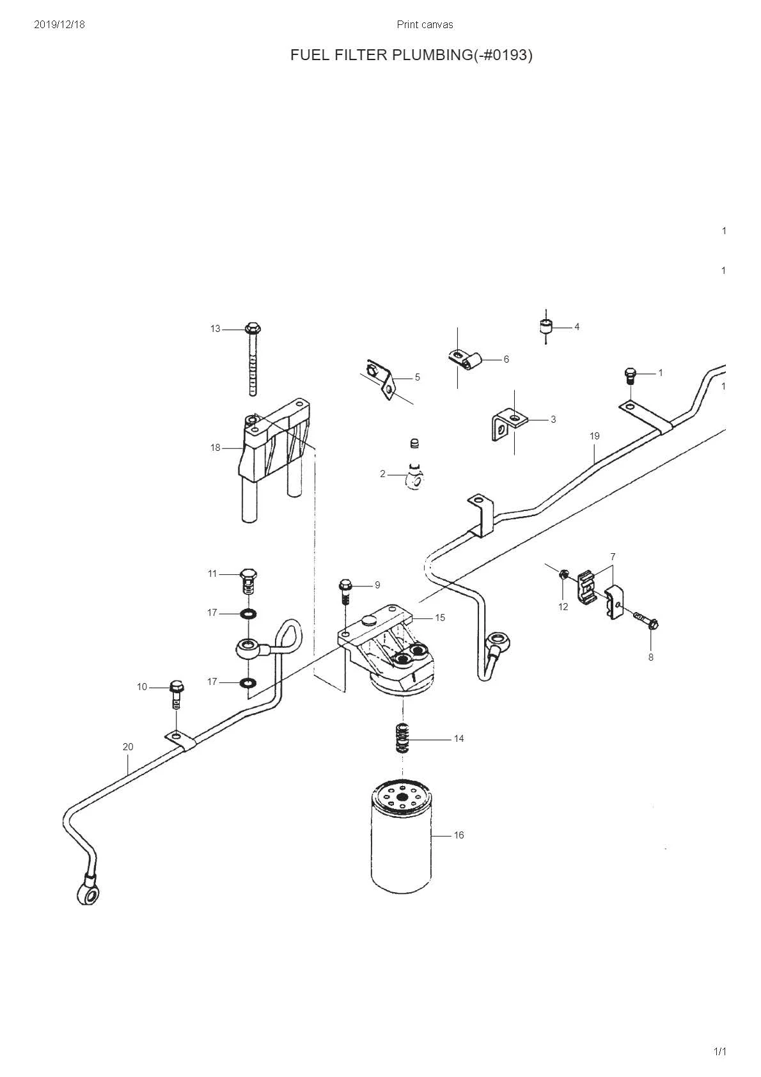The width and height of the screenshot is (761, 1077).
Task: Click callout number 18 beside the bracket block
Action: point(216,448)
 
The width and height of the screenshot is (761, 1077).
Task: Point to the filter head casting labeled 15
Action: point(390,649)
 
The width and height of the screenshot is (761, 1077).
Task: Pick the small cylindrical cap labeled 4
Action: point(545,327)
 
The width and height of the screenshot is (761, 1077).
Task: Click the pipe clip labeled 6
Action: point(464,359)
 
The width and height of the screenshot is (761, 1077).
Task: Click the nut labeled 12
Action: point(563,574)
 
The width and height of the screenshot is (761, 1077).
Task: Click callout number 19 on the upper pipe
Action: point(595,436)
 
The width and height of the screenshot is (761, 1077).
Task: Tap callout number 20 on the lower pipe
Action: point(128,746)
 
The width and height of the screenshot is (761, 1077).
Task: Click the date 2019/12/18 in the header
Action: point(59,24)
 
